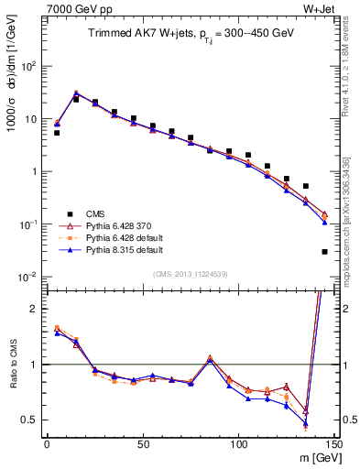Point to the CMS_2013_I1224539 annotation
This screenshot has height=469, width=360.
[188, 272]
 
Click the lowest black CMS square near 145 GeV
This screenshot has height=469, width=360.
[325, 252]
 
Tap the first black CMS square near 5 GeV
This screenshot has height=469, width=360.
[57, 133]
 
